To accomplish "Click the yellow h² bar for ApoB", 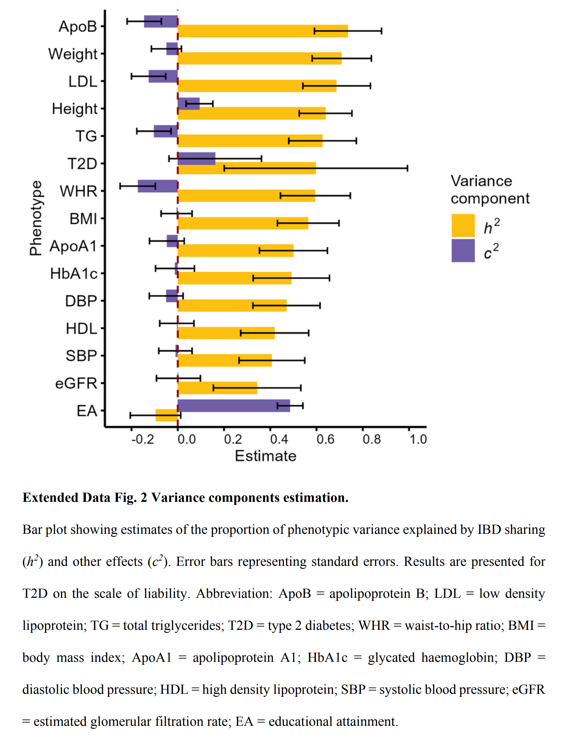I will point(262,31).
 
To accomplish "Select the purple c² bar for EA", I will point(234,405).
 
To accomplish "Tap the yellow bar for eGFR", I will point(217,388).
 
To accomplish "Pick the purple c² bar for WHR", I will point(158,186).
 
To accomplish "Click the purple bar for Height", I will point(189,104).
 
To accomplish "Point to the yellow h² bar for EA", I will point(166,415).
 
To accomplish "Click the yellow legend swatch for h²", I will point(463,225).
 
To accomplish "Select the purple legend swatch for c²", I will point(463,250).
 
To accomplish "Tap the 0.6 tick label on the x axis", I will point(325,440).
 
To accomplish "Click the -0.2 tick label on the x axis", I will point(142,440).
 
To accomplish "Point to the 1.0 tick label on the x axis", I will point(418,440).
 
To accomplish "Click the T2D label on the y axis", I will point(82,163).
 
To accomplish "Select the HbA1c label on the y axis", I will point(73,274).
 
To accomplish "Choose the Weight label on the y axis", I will point(73,54).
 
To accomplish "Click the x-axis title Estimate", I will point(265,456).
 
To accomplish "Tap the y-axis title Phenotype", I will point(35,218).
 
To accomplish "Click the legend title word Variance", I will point(481,181).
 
